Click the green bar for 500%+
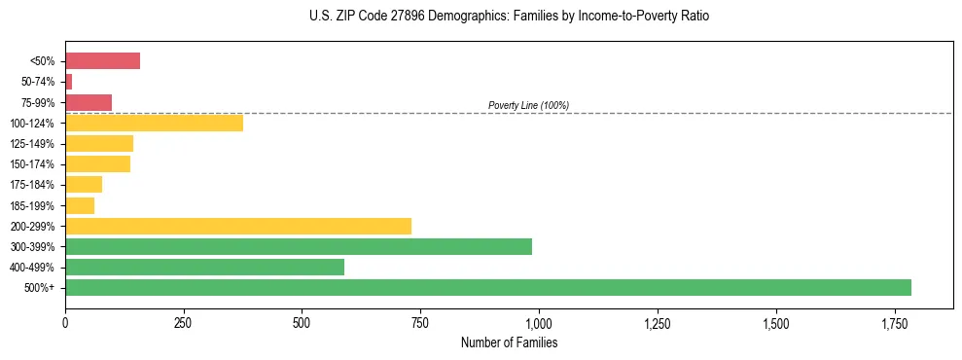487,287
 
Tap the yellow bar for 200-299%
237,226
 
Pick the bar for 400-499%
204,267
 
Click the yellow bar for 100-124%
154,123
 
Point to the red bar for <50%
102,61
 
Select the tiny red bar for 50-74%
68,82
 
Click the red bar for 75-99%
89,102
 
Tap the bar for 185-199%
80,205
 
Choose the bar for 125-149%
99,144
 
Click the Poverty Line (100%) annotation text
528,105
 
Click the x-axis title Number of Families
509,342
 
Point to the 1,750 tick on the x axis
775,323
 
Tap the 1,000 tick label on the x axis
539,323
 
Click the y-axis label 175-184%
34,185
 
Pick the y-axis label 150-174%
34,164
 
